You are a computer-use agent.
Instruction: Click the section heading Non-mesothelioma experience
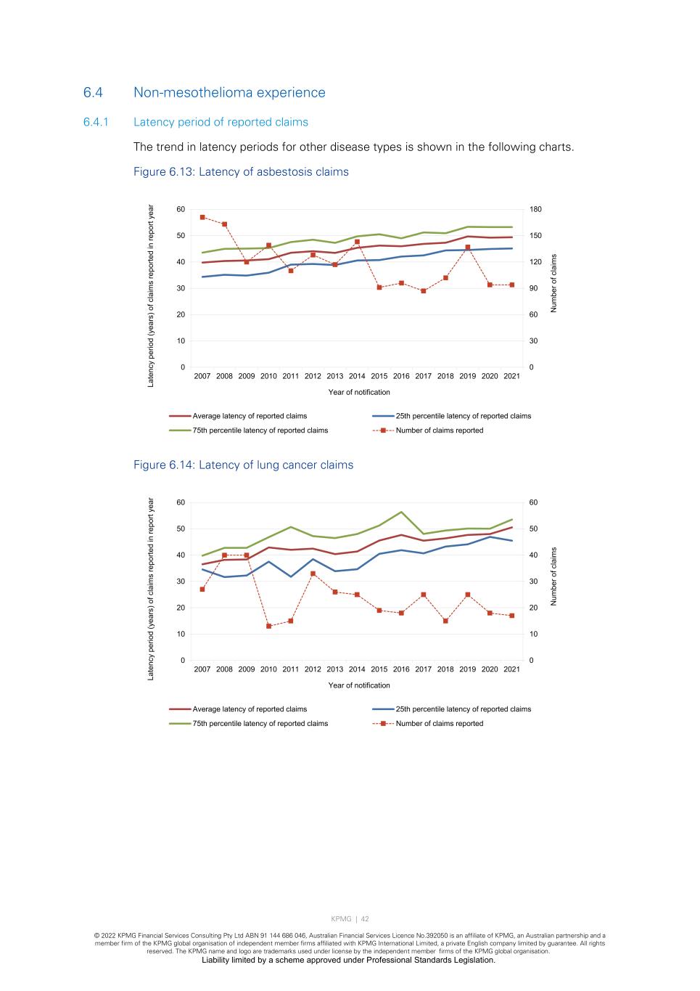229,92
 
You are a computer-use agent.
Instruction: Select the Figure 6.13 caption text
241,172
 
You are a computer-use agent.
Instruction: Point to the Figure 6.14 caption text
243,465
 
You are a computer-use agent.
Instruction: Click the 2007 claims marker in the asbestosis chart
202,217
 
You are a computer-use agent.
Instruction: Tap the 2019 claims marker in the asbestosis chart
468,248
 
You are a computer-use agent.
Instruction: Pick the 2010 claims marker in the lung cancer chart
268,626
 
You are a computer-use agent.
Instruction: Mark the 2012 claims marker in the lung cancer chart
313,574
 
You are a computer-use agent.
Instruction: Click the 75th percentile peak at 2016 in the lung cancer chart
401,512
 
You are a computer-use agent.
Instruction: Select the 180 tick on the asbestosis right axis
535,209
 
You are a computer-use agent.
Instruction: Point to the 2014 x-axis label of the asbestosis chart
357,376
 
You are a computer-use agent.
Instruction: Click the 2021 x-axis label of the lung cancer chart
511,669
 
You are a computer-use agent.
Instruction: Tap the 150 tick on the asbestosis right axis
535,236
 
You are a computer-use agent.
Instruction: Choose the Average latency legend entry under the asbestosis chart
249,416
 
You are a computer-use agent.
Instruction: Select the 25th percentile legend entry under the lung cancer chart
463,709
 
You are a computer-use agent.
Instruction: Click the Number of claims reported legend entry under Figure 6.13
439,431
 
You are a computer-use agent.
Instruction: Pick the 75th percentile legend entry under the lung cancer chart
260,724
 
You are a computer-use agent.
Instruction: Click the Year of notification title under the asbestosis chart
359,392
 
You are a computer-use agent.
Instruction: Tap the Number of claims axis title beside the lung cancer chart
554,576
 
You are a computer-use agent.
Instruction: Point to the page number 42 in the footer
366,919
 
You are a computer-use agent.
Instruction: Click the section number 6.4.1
96,122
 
